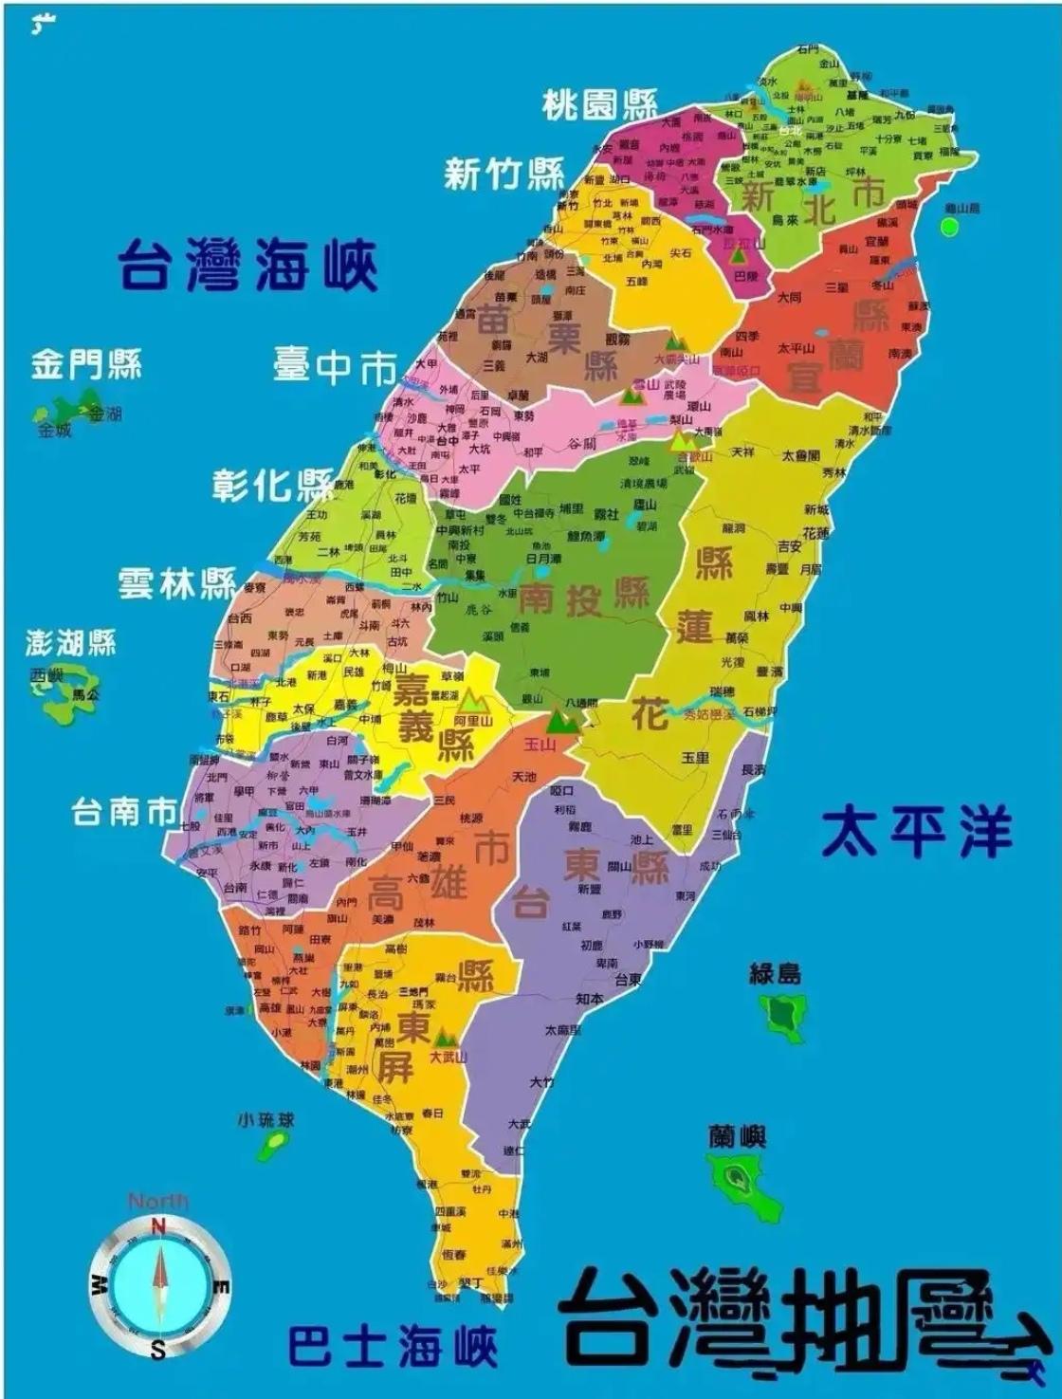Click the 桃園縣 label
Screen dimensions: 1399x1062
tap(599, 105)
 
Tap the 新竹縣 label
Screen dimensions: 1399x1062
tap(504, 175)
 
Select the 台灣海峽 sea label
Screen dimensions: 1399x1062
tap(248, 265)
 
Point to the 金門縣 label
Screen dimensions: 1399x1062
tap(86, 363)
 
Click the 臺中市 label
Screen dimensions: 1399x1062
tap(335, 365)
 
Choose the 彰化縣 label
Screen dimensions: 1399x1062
tap(272, 485)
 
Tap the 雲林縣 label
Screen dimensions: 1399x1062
tap(177, 582)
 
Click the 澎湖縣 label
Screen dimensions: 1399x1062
tap(71, 643)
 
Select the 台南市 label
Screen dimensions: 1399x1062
tap(124, 812)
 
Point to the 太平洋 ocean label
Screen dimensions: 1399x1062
tap(916, 834)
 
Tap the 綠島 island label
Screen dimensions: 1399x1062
tap(776, 973)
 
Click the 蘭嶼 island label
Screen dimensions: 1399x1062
tap(737, 1135)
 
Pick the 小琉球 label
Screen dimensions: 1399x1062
tap(265, 1120)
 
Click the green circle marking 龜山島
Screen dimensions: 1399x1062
tap(949, 227)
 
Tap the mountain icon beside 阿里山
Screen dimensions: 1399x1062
tap(471, 702)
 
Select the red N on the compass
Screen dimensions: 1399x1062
tap(158, 1227)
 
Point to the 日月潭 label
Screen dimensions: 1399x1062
tap(542, 560)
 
